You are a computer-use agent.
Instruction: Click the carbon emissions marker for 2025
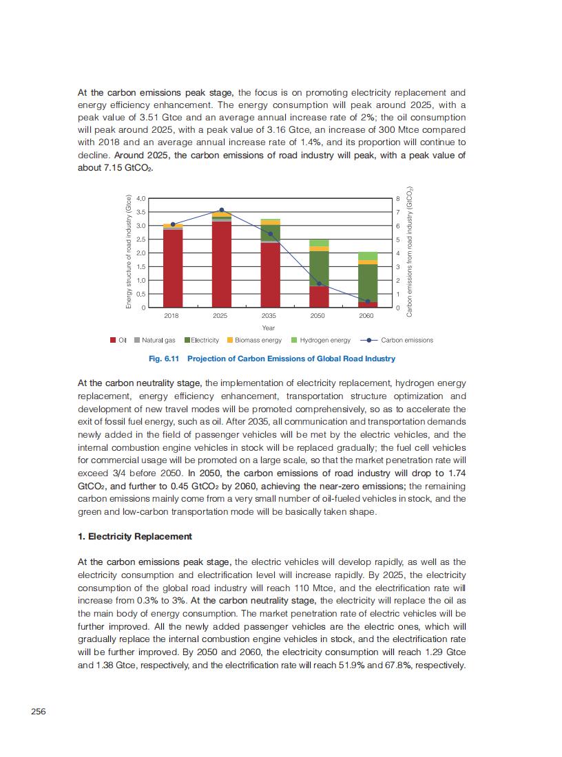221,210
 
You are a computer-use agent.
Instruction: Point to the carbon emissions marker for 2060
367,301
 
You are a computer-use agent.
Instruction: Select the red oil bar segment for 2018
173,268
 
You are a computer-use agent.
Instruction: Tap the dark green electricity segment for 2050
319,268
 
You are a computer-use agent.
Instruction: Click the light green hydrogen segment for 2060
367,256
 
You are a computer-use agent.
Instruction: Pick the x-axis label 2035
269,315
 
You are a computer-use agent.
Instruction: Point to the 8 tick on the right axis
397,198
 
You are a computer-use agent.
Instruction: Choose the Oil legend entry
118,340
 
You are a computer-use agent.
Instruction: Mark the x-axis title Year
269,328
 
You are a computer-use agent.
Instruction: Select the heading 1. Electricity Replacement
134,536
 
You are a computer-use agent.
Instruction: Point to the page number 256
38,712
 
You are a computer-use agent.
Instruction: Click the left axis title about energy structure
128,253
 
